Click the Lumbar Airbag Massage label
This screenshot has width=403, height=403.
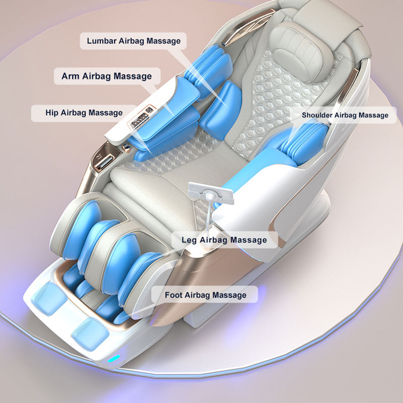click(133, 41)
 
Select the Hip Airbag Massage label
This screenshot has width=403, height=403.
click(84, 112)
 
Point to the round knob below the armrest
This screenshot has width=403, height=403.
click(124, 146)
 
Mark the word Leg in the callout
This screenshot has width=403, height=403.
click(193, 240)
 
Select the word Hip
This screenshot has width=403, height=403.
click(52, 112)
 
